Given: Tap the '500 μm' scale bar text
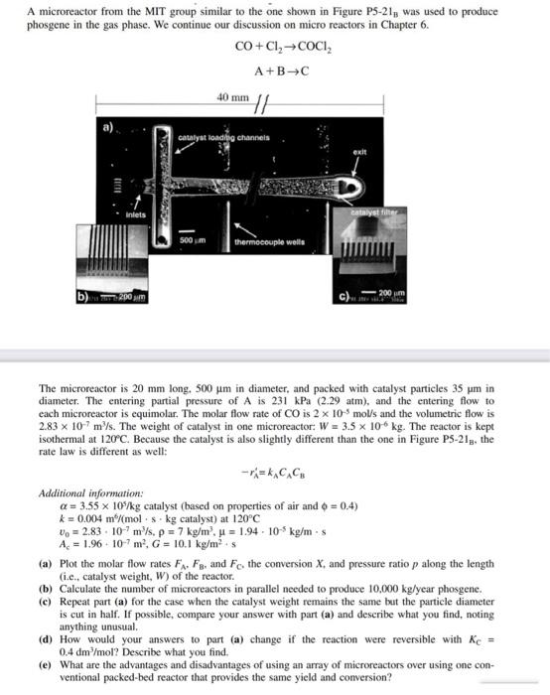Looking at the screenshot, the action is click(192, 240).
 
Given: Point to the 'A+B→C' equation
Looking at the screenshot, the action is click(273, 70).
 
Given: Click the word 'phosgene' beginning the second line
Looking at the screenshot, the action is click(51, 25).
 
